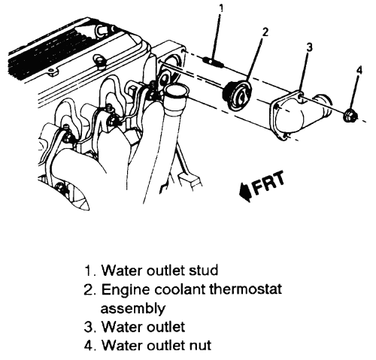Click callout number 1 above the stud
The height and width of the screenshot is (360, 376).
coord(220,8)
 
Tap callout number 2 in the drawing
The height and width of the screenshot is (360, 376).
coord(265,32)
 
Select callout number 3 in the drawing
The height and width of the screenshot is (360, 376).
coord(310,47)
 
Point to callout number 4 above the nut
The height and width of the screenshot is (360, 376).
coord(359,70)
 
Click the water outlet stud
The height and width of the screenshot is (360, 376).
coord(213,62)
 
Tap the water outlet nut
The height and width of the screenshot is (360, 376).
coord(350,116)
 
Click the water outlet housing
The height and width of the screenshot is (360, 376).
coord(299,114)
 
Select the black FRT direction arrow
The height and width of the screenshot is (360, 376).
coord(245,192)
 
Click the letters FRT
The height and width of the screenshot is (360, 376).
coord(268,183)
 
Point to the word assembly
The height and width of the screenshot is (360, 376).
coord(132,308)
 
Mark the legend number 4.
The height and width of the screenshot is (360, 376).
coord(89,346)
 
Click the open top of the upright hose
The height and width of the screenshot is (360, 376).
coord(177,89)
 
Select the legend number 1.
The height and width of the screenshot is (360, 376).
coord(89,271)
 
